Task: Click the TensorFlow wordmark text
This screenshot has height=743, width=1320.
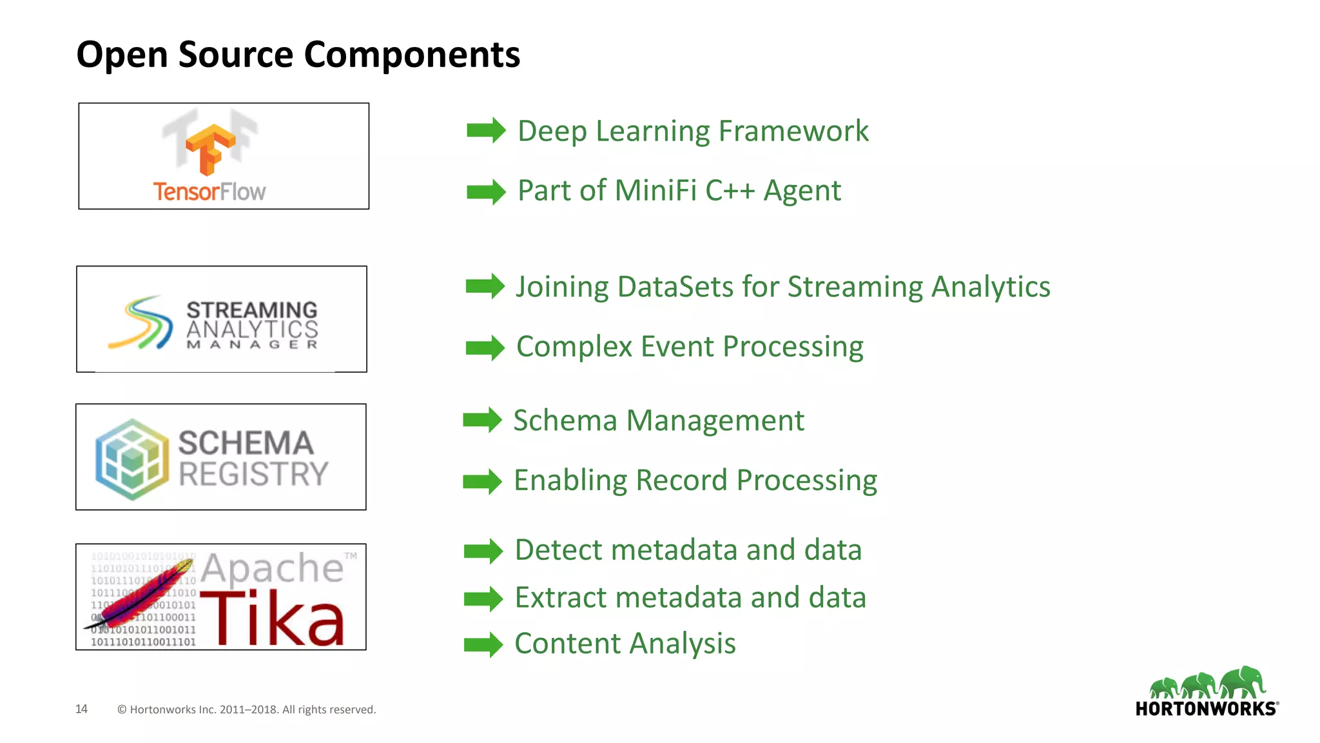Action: point(209,192)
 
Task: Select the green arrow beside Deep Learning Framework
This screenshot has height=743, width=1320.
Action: point(485,131)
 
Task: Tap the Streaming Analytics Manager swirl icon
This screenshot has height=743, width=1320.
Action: point(141,322)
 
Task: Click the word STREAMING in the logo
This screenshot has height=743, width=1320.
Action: point(252,310)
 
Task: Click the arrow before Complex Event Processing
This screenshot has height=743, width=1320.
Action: point(485,348)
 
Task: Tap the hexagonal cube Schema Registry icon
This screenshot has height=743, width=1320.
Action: point(132,459)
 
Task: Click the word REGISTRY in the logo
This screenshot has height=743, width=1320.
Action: point(253,474)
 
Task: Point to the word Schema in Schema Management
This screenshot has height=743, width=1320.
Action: point(565,421)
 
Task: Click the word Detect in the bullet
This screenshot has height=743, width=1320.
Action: point(558,550)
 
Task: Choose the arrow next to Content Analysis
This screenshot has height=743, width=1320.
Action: point(483,644)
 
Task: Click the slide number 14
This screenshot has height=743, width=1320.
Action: point(81,709)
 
